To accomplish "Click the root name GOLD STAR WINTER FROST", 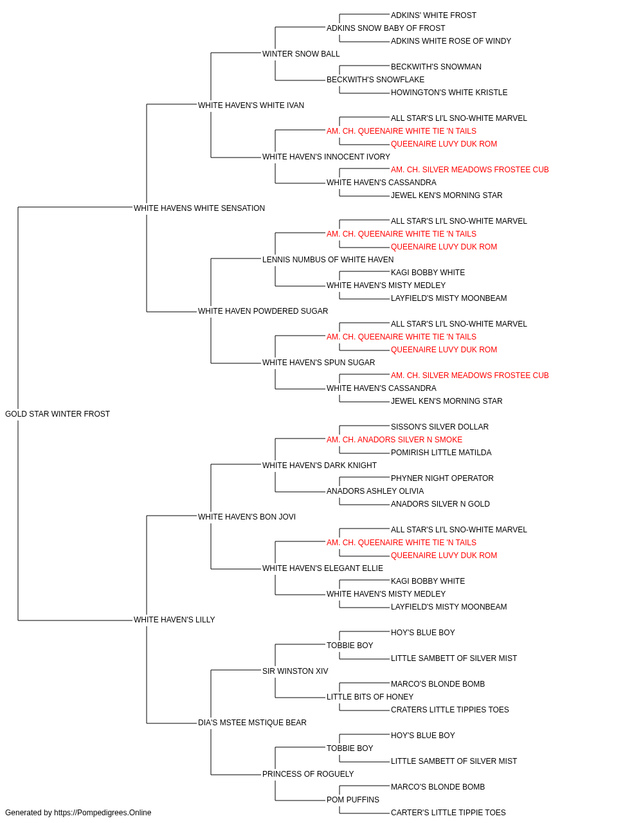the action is (58, 414).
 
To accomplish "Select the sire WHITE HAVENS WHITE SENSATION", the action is (199, 208).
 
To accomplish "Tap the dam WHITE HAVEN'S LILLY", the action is (174, 620).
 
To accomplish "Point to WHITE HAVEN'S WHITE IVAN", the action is (251, 105).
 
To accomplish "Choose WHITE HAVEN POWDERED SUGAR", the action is (263, 311).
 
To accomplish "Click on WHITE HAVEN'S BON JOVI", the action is (247, 516).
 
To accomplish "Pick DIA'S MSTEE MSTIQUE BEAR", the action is (252, 723).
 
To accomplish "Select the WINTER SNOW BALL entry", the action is (301, 54).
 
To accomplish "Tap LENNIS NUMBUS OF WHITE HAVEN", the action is (328, 259).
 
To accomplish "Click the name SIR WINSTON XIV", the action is (295, 671).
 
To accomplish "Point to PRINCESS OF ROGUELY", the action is (308, 773).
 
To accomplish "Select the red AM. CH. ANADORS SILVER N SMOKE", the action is (395, 440).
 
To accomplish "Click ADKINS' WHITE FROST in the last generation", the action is (433, 15).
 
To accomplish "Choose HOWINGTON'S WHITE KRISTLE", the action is (449, 93).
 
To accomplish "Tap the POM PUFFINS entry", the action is (353, 799).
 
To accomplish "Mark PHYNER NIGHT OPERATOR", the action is (442, 478).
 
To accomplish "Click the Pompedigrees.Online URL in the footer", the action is (103, 813).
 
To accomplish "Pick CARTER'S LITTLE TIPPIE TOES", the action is (448, 813).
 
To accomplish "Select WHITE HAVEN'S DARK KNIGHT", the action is (320, 466).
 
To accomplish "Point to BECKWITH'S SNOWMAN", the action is (436, 67).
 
